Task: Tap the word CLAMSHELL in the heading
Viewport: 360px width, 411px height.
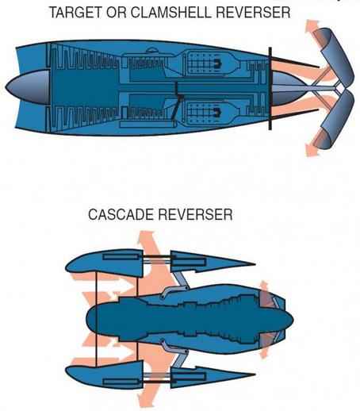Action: pos(171,13)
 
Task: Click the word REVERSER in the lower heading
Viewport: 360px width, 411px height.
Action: pos(195,214)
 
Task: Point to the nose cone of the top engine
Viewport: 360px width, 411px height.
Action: pos(28,87)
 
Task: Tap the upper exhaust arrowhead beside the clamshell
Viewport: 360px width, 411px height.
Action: pos(312,26)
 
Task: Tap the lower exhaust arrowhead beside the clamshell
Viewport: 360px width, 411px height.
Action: pos(312,150)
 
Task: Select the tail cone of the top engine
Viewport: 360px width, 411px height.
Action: pos(288,88)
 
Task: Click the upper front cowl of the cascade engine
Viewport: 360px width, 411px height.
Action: pos(105,263)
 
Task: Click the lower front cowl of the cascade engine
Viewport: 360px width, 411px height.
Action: pos(105,375)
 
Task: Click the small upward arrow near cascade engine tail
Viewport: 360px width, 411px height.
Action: pos(264,288)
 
